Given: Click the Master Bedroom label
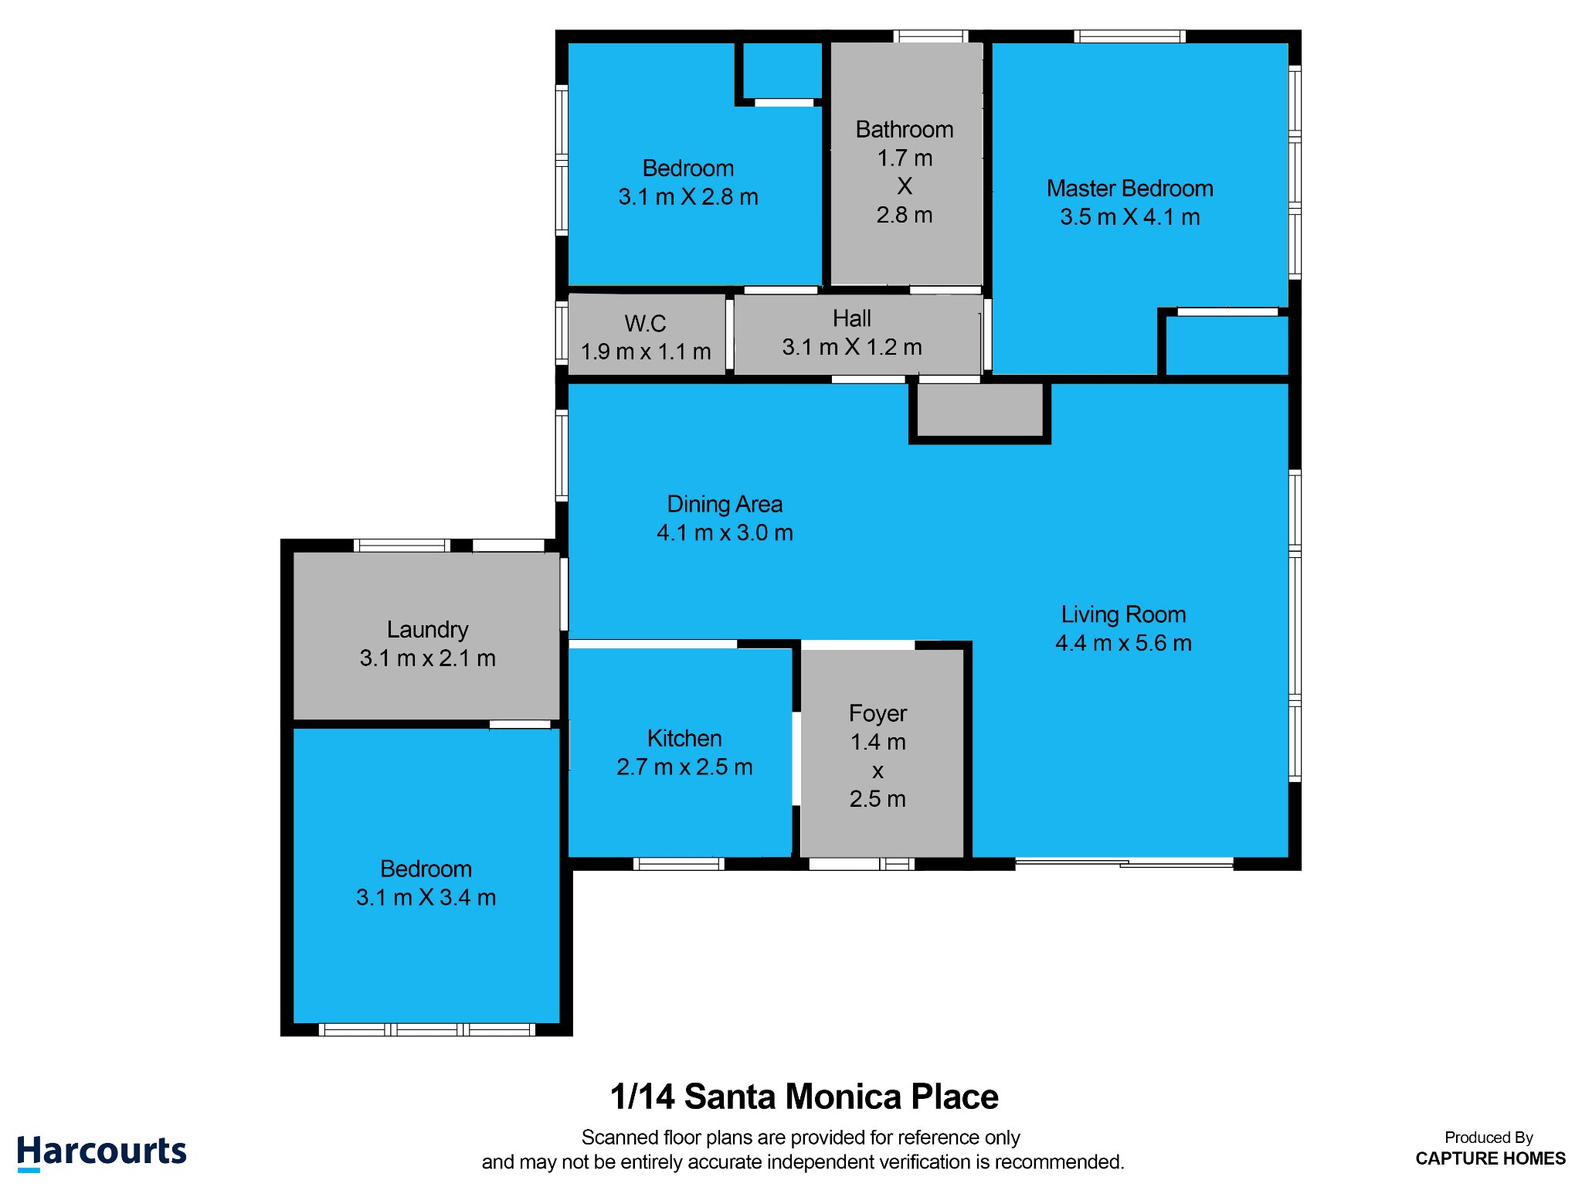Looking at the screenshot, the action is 1129,189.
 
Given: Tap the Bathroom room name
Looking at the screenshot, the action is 905,129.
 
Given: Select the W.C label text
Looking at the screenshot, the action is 645,323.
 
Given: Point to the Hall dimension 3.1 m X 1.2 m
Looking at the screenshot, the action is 852,347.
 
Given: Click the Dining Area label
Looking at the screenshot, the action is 725,504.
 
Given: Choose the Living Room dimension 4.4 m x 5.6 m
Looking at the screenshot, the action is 1123,643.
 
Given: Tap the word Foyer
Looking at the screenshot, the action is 878,713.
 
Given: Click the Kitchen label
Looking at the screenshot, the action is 684,738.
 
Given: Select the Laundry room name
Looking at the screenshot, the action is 427,630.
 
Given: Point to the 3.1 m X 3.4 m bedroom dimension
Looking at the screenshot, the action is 426,897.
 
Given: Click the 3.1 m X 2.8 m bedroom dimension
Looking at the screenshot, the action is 688,197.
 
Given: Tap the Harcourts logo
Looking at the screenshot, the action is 101,1152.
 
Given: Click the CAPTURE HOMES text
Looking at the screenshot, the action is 1490,1158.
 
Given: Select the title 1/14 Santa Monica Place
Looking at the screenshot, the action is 804,1097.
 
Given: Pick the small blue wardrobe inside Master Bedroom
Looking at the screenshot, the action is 1227,345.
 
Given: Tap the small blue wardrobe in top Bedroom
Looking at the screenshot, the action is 783,70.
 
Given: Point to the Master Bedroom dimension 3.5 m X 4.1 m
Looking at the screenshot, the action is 1129,217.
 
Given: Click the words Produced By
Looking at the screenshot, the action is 1489,1138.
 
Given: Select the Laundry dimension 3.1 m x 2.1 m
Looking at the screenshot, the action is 427,658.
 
